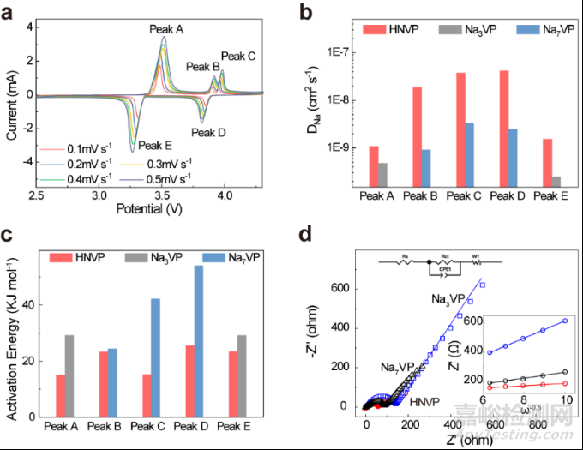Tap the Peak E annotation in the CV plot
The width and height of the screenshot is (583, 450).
[156, 146]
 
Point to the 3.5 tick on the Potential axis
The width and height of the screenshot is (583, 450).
[159, 196]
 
